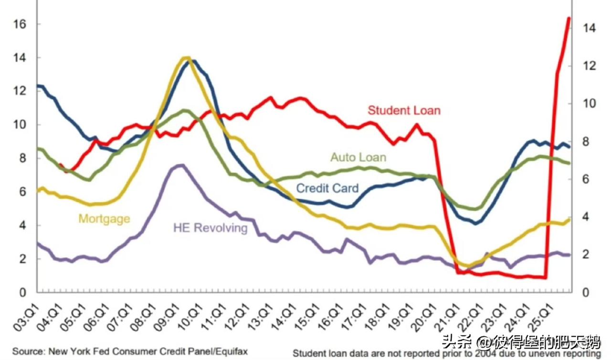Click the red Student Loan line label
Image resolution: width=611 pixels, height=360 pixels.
pos(404,110)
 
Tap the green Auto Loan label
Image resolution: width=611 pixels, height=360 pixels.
pos(358,157)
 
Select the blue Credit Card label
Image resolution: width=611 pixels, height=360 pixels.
pos(327,188)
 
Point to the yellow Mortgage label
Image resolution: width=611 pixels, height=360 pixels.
pos(104,219)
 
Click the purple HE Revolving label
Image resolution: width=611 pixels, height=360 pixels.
pos(211,227)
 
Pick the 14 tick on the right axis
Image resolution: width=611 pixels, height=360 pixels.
pos(590,28)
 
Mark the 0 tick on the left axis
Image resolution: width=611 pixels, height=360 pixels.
pos(22,292)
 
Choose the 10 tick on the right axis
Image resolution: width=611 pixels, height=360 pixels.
pos(590,104)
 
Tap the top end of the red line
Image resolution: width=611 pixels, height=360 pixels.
pos(569,18)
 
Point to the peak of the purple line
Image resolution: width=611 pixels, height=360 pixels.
pos(180,165)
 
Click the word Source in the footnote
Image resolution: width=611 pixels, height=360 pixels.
pos(24,351)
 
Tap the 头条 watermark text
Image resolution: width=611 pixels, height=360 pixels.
pos(453,341)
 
